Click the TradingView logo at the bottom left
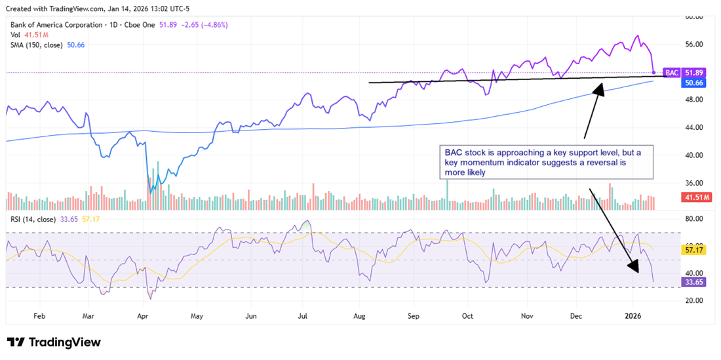tap(54, 342)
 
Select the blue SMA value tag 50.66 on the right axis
tap(693, 83)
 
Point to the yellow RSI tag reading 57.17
tap(693, 250)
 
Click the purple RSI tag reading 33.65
tap(693, 283)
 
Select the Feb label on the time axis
tap(39, 315)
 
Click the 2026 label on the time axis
tap(633, 315)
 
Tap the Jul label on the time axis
tap(303, 315)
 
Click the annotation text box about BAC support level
tap(547, 163)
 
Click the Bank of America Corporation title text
tap(56, 24)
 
